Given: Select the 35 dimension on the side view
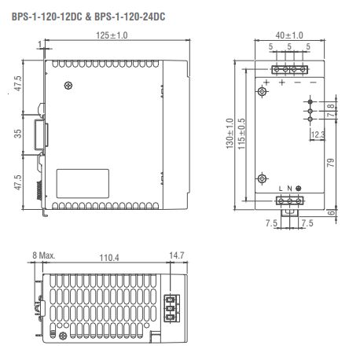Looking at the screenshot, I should pos(18,133).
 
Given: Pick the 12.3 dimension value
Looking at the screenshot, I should pos(318,135).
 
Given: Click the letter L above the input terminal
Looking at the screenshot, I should pos(281,188).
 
